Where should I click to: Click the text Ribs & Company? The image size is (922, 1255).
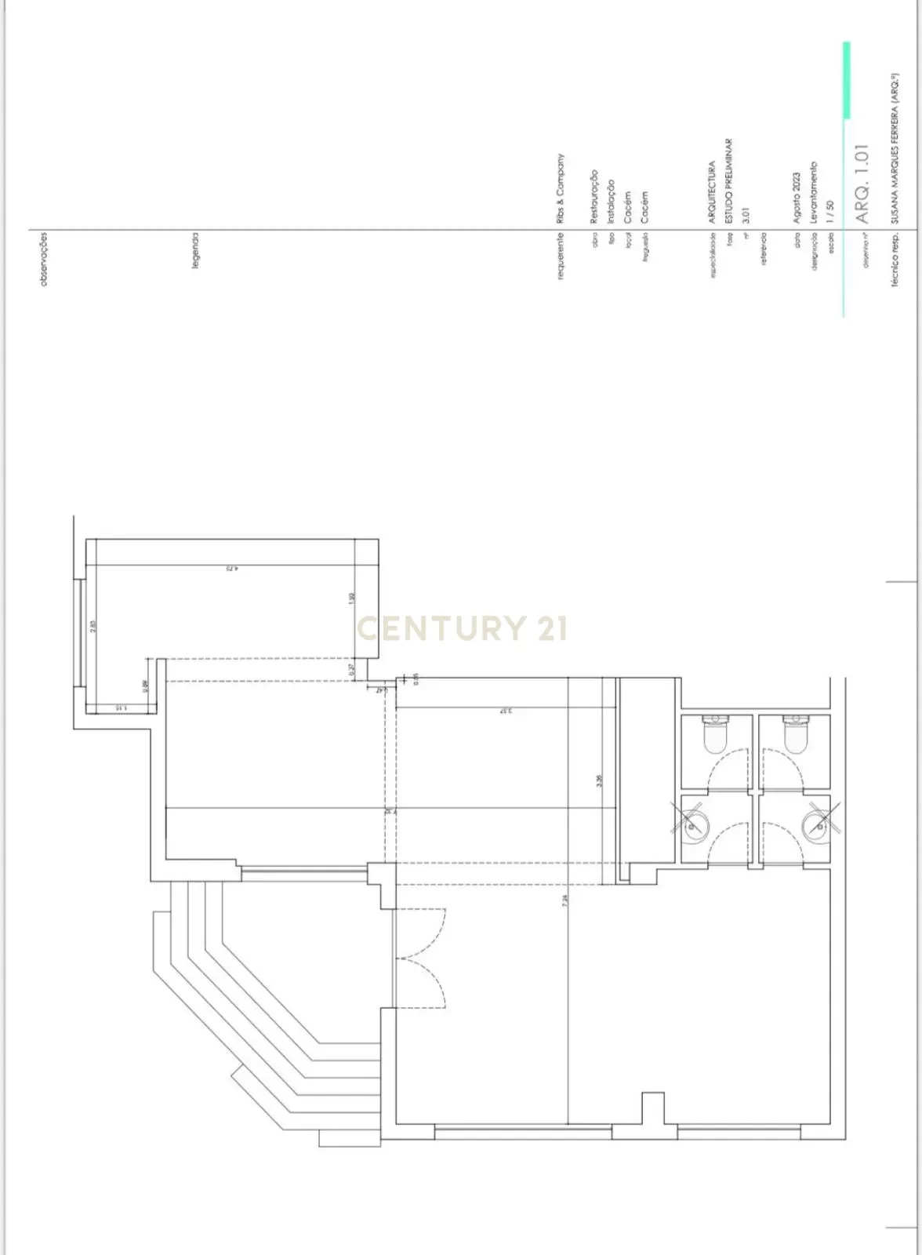click(561, 189)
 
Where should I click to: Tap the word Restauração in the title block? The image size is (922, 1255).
click(594, 196)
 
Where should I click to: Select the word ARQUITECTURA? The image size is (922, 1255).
click(712, 192)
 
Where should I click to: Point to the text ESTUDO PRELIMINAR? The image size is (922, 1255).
click(729, 181)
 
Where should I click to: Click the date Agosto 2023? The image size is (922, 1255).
click(797, 198)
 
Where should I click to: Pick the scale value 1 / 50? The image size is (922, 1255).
click(830, 213)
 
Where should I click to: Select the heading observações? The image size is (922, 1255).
click(44, 258)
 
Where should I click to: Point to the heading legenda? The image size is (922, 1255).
click(195, 249)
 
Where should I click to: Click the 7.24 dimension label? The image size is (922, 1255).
click(564, 902)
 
